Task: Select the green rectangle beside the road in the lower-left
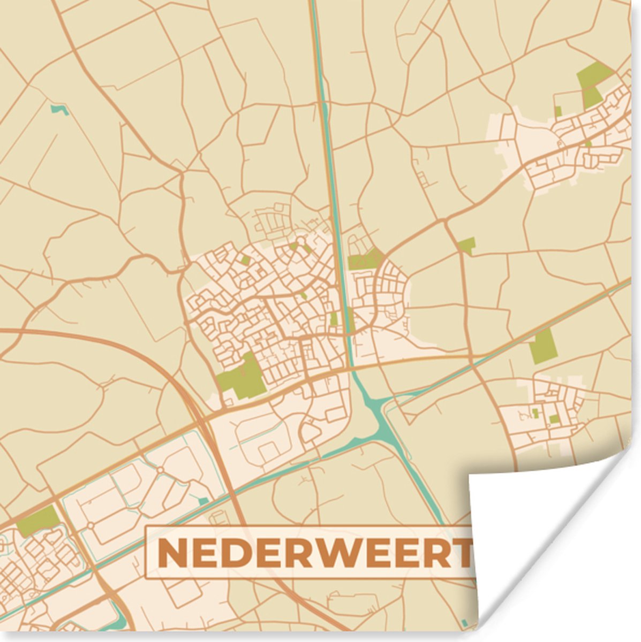pyautogui.click(x=37, y=521)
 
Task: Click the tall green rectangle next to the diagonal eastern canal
pyautogui.click(x=542, y=346)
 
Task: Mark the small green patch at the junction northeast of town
pyautogui.click(x=466, y=246)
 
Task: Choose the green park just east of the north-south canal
pyautogui.click(x=364, y=261)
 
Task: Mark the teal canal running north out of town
pyautogui.click(x=328, y=134)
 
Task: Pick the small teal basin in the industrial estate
pyautogui.click(x=203, y=501)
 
